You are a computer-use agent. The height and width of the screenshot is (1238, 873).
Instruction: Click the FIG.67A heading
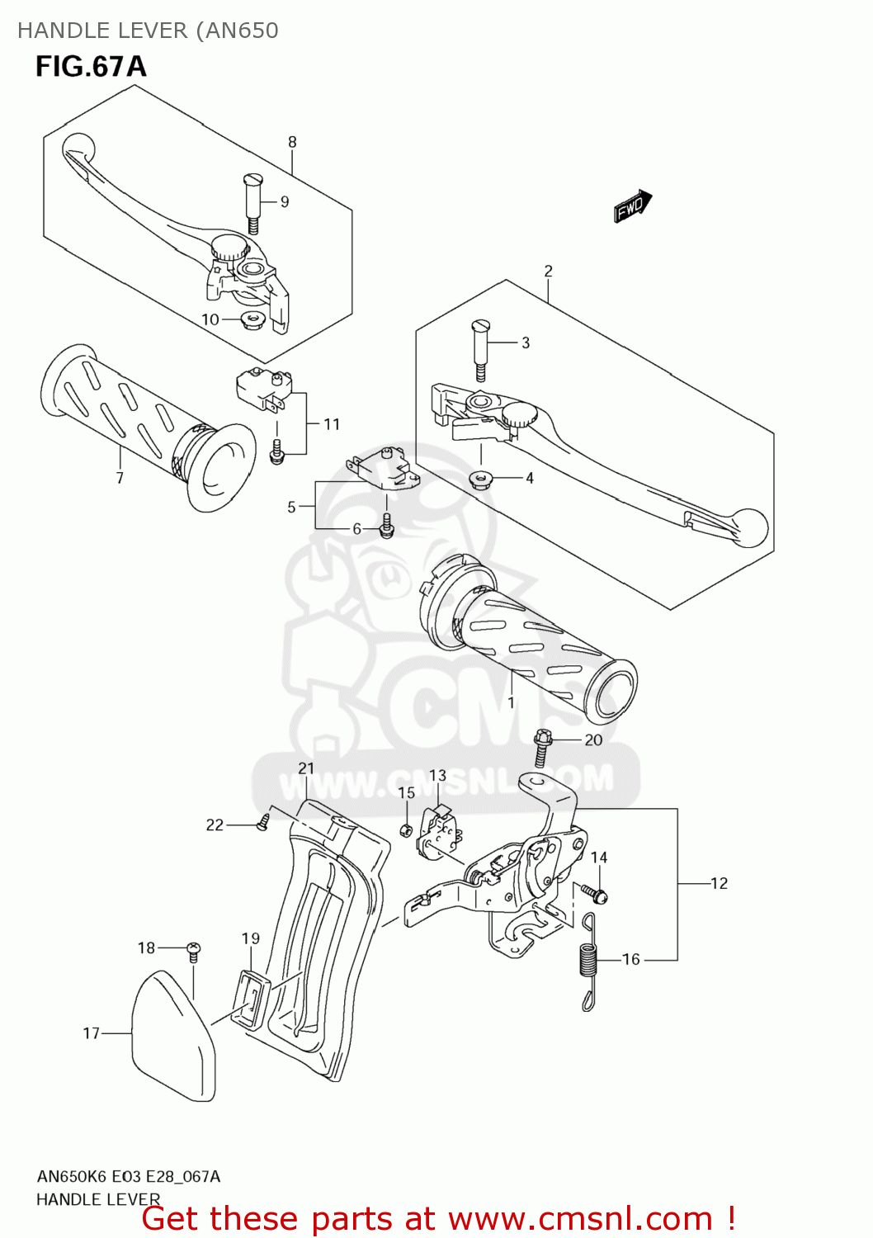coord(91,67)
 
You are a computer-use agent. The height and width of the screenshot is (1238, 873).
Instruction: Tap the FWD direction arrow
coord(633,206)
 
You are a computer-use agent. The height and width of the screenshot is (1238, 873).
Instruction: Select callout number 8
coord(292,142)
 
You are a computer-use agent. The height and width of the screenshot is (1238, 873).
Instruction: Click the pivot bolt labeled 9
coord(252,202)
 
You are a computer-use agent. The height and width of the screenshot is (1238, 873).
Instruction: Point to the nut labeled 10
coord(251,319)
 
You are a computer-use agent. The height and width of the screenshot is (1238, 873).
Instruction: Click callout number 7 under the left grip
coord(120,478)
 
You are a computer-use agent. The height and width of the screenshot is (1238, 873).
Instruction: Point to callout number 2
coord(548,271)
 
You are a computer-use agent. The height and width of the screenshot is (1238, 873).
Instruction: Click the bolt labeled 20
coord(542,746)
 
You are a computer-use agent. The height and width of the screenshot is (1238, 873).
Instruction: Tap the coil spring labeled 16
coord(588,962)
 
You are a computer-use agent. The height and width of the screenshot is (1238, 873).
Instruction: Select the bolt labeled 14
coord(594,892)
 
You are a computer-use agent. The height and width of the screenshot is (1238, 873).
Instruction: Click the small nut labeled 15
coord(406,829)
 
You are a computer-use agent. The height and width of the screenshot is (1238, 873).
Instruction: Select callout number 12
coord(720,883)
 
